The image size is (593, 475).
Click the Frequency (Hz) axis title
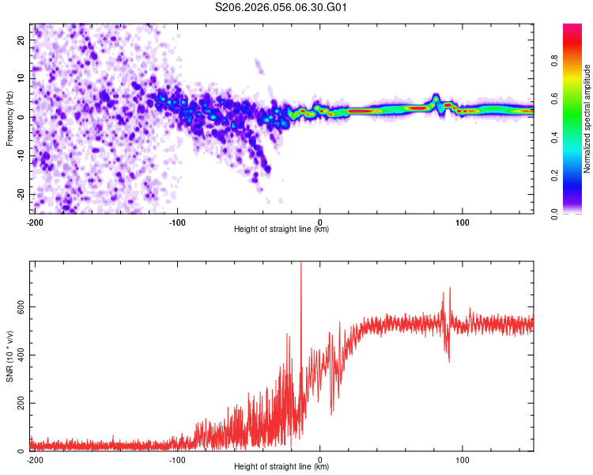[10, 118]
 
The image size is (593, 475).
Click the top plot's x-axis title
[281, 230]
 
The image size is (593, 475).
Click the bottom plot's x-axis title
[281, 466]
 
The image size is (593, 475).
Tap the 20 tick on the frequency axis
[21, 40]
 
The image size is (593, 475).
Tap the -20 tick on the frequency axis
[20, 195]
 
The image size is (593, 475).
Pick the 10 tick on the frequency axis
[21, 78]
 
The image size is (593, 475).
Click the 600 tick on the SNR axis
[18, 308]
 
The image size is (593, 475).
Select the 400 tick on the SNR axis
[18, 355]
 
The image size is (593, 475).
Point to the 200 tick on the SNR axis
[18, 404]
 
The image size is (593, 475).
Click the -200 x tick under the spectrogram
[34, 222]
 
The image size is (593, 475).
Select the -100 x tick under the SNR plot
[177, 459]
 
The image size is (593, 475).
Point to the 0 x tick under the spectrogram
[320, 222]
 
